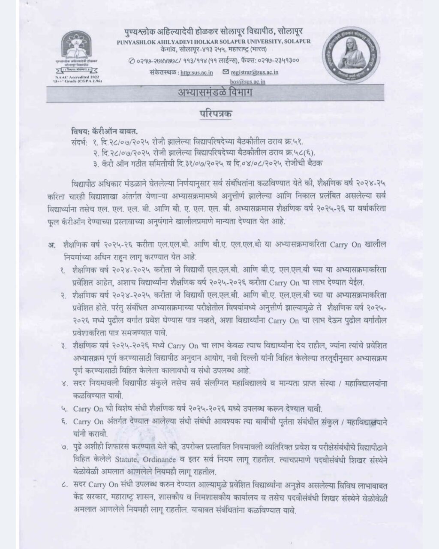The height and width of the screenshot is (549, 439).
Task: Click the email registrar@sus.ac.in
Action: [254, 72]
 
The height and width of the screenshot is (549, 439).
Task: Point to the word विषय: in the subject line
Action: [81, 132]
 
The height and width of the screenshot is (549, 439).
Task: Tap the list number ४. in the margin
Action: [64, 385]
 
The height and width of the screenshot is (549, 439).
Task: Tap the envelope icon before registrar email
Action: [226, 72]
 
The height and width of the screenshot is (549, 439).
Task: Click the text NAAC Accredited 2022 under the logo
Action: [80, 75]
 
